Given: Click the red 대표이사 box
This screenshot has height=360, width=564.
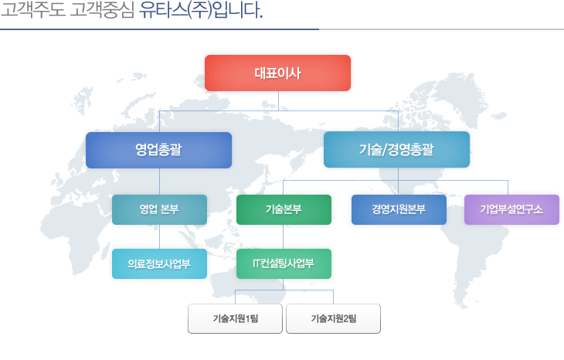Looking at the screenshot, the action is pos(277,73).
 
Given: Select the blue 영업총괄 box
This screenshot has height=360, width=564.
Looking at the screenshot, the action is pos(158,150).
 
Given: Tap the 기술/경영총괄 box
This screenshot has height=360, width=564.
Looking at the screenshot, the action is pos(397,150).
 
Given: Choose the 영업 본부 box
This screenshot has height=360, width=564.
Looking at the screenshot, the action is pos(159,209).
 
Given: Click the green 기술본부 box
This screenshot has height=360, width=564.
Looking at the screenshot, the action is pos(284,209).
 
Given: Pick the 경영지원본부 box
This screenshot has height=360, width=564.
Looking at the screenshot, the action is pos(399,209).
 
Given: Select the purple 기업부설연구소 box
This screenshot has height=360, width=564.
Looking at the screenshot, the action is pos(511,209).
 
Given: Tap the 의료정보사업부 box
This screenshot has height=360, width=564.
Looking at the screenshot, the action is pos(159,263).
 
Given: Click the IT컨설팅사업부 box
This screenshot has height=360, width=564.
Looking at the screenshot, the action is pos(284,263).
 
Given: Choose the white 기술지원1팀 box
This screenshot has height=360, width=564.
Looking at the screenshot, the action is pos(235,318).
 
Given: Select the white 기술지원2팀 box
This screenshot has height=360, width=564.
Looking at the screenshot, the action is pos(334,318).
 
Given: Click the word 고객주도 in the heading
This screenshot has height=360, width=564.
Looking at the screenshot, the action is pos(33,10).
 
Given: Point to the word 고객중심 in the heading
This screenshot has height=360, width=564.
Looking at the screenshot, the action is pos(102,10).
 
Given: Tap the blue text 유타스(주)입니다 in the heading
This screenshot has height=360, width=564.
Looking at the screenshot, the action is pos(201,10).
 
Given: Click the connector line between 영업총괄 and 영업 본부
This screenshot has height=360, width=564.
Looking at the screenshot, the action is pos(160,182).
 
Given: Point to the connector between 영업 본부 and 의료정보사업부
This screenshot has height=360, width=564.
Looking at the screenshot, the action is pos(160,236).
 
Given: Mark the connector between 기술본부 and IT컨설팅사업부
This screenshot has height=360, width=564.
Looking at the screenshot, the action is pos(284,236).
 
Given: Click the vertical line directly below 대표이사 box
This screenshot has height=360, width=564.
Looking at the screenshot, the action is pos(278,100).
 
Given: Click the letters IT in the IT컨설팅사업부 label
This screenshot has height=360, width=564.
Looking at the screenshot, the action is pos(256,263).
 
